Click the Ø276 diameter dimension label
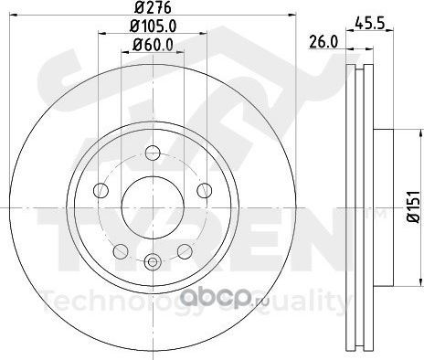coord(153,7)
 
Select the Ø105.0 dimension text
coord(153,26)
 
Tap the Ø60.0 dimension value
coord(153,46)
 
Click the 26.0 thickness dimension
coord(323,42)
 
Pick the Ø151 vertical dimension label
coord(414,207)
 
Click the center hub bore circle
coord(153,207)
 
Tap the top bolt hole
coord(153,153)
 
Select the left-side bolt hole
coord(101,191)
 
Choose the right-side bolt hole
coord(205,191)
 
